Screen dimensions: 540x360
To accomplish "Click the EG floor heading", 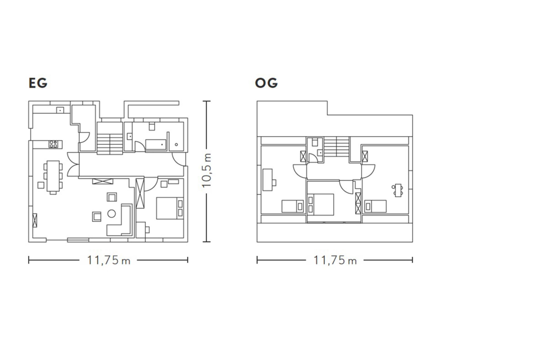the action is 38,83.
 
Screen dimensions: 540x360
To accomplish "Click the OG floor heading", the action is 266,83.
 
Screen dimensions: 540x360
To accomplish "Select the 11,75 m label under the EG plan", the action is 109,261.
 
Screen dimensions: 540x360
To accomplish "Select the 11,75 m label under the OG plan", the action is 335,261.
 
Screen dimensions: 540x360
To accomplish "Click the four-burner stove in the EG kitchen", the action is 53,144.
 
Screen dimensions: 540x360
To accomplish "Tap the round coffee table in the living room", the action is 112,213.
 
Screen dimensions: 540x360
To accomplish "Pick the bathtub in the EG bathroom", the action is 156,145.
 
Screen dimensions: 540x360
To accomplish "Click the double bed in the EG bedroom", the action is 170,208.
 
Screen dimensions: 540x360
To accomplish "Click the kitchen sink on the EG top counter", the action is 60,110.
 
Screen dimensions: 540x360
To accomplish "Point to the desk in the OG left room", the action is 268,180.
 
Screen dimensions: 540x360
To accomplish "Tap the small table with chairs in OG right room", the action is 398,190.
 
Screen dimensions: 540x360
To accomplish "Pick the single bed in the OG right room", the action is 375,206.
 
